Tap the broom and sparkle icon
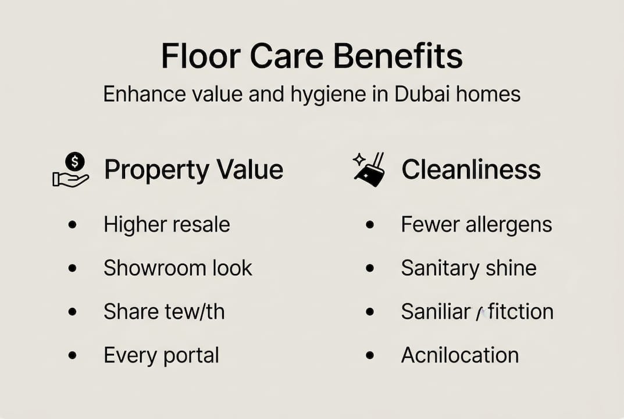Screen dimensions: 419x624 tap(369, 170)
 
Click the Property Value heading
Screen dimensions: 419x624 tap(193, 170)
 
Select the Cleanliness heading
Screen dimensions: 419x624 tap(471, 170)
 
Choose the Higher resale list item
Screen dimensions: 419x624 tap(166, 225)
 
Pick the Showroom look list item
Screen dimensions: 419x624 tap(178, 268)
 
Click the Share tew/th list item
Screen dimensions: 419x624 tap(164, 311)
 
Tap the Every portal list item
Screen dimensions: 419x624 tap(161, 355)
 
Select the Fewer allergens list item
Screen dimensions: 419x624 tap(476, 225)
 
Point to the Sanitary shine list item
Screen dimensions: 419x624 tap(469, 268)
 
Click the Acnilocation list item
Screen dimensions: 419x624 tap(459, 355)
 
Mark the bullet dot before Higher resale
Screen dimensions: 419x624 tap(72, 225)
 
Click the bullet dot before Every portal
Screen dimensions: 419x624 tap(72, 355)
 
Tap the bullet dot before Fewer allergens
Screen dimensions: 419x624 tap(369, 225)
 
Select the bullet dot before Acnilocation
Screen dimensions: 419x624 tap(369, 355)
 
